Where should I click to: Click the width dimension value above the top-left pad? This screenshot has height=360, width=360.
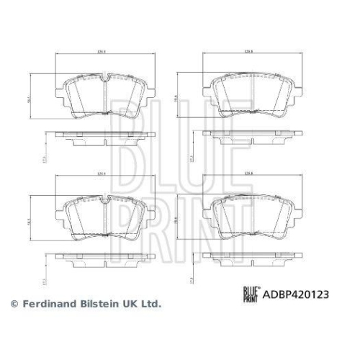coord(102,52)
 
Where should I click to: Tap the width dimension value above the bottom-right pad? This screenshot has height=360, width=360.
coord(250,174)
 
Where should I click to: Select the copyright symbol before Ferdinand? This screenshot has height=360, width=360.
coord(12,305)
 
